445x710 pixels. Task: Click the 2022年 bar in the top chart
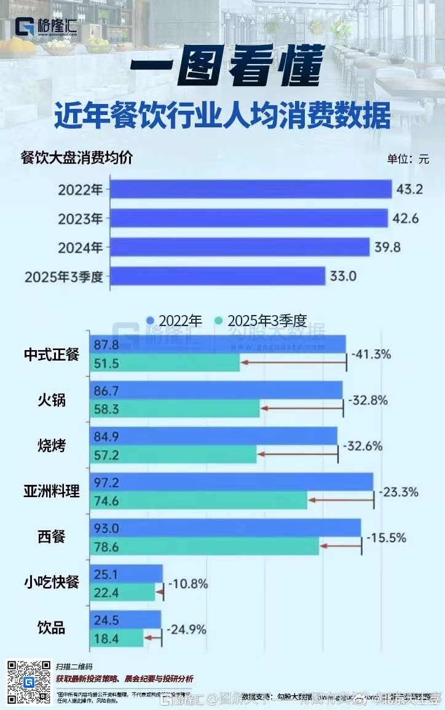[251, 189]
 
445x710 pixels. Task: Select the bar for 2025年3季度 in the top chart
[217, 276]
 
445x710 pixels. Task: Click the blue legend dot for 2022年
[149, 321]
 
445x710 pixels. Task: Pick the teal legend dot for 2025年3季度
[218, 321]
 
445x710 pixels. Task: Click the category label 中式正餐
[52, 355]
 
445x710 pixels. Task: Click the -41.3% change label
[371, 355]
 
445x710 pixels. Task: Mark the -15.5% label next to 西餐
[386, 538]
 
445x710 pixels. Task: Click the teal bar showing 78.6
[205, 546]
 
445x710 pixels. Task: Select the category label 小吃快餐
[52, 582]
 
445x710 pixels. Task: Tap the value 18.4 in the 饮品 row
[106, 638]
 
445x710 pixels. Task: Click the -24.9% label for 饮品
[186, 630]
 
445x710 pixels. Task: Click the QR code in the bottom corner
[28, 682]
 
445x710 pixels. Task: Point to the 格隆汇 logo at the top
[46, 28]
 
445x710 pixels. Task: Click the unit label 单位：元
[408, 159]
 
